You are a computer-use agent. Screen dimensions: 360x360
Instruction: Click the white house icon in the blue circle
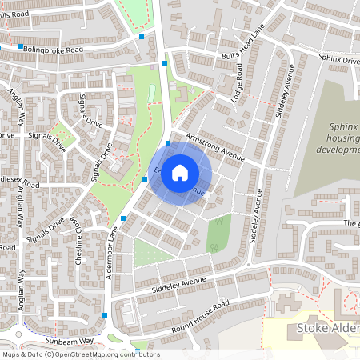pos(180,171)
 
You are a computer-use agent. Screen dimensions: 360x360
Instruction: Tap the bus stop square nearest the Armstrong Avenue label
pos(168,143)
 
